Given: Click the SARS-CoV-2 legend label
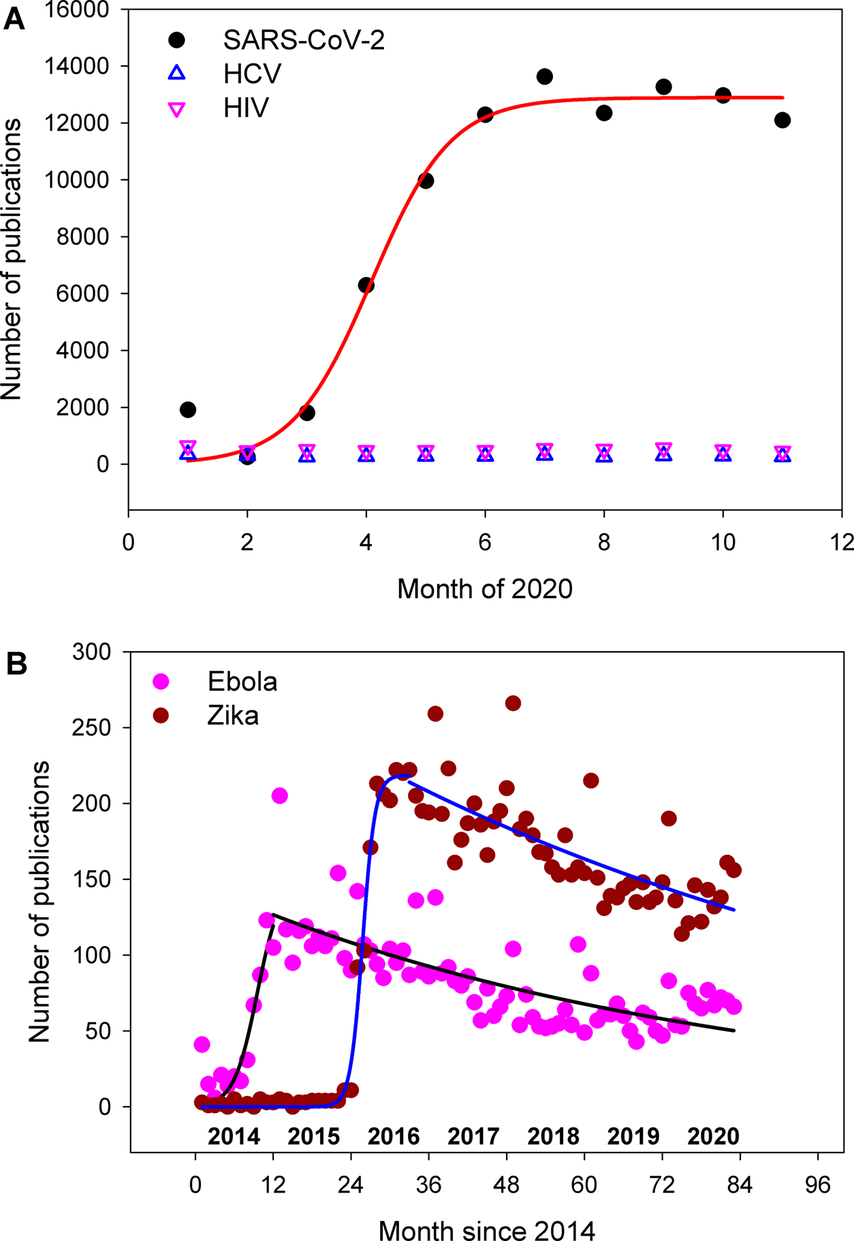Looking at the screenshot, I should click(304, 41).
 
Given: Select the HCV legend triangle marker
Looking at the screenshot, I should click(177, 73).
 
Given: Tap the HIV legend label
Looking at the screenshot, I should click(246, 108).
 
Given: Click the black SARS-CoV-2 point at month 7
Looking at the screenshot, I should click(544, 77).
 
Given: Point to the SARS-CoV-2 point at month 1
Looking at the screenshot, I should click(188, 410).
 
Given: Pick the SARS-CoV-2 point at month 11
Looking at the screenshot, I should click(782, 121).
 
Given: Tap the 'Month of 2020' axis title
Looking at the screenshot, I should click(484, 588).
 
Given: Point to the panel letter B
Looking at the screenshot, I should click(16, 664).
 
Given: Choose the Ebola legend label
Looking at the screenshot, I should click(242, 682).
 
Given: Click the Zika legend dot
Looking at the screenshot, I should click(161, 716).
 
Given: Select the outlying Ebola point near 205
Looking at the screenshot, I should click(279, 796).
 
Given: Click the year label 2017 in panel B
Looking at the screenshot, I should click(473, 1136).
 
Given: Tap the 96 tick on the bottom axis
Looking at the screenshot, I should click(817, 1185).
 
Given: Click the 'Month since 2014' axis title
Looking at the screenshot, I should click(486, 1231).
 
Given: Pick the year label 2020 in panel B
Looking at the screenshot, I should click(713, 1136).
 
